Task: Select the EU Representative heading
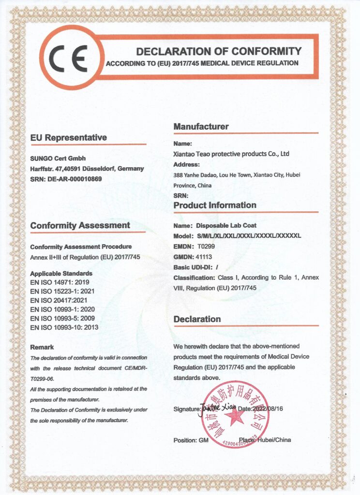(68, 138)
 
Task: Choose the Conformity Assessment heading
(80, 225)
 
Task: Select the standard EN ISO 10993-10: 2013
(64, 328)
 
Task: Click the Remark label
(42, 347)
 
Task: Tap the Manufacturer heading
(201, 127)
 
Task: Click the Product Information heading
(215, 205)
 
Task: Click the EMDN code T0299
(205, 246)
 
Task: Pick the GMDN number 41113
(206, 257)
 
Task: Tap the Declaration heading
(197, 319)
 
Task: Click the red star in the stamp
(235, 415)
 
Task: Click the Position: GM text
(191, 440)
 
